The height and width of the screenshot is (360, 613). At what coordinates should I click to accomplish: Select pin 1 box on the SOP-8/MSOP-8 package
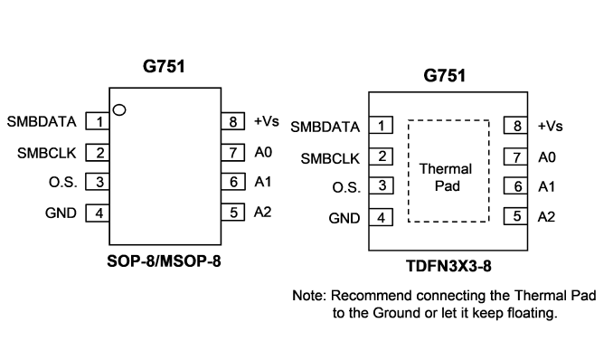tap(98, 121)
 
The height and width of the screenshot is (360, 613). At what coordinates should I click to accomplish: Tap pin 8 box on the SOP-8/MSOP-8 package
tap(233, 121)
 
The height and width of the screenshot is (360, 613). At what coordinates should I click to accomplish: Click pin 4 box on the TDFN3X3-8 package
tap(381, 218)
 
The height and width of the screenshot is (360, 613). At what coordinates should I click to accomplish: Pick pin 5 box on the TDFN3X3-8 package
tap(515, 216)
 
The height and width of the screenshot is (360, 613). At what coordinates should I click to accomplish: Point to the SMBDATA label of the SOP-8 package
tap(42, 122)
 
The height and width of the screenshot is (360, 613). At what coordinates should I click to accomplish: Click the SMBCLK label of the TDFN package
tap(330, 158)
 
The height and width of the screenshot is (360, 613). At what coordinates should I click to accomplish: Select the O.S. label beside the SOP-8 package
tap(63, 182)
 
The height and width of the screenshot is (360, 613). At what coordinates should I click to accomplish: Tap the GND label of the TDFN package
tap(344, 218)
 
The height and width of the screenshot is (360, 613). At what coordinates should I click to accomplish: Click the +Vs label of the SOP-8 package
tap(267, 121)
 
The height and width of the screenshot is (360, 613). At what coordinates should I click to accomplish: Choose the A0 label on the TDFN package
tap(546, 157)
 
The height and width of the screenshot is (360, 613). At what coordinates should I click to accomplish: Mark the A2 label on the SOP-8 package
tap(263, 212)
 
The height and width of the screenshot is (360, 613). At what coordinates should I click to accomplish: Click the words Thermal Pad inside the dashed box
tap(446, 177)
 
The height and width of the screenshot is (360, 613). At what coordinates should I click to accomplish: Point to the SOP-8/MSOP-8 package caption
tap(164, 261)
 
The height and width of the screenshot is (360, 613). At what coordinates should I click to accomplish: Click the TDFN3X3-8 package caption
tap(448, 266)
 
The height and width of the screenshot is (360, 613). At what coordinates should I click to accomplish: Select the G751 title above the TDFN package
tap(445, 75)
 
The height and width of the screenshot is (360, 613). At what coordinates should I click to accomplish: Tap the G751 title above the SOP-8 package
tap(164, 66)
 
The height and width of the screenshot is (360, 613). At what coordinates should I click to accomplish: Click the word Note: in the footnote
tap(309, 296)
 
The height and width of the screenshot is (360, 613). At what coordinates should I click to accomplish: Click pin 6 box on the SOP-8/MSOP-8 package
tap(233, 182)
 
